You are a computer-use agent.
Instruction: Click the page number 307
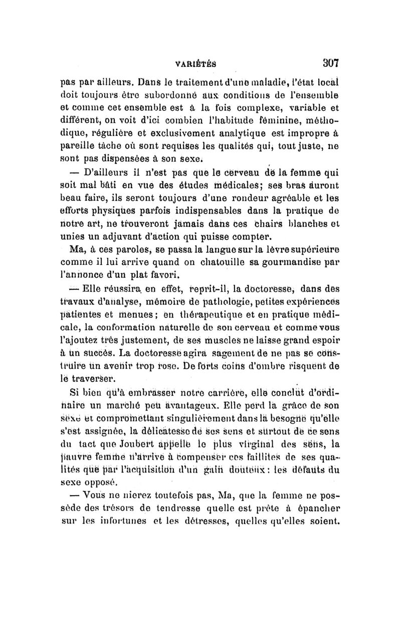330,64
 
